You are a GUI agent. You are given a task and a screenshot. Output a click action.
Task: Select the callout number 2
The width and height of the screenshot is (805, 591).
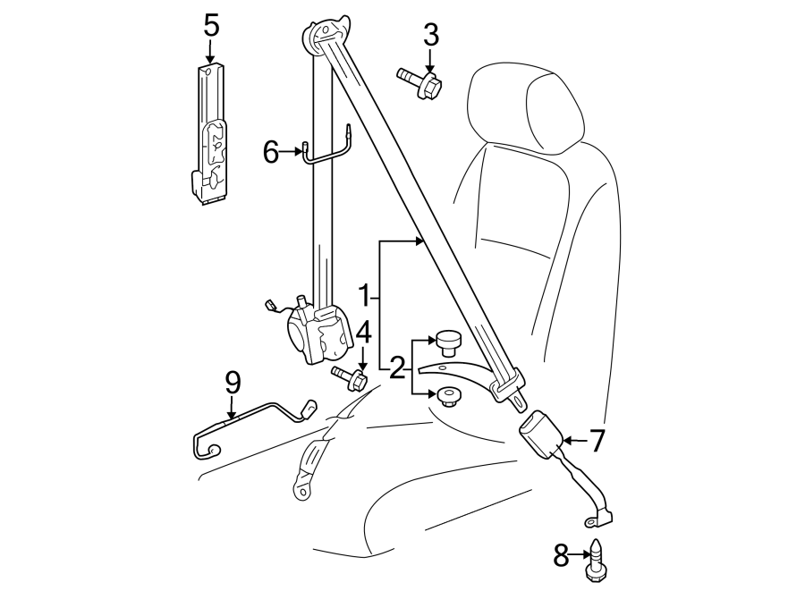(x=396, y=366)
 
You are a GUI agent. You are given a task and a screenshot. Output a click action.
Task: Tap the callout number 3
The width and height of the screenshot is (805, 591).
(x=430, y=37)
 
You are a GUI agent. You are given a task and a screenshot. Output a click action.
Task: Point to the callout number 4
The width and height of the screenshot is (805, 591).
(x=362, y=333)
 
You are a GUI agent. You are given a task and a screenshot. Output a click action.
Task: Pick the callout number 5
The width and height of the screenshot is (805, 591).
(x=211, y=25)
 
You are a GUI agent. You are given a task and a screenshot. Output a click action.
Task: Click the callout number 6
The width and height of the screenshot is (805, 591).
(x=271, y=152)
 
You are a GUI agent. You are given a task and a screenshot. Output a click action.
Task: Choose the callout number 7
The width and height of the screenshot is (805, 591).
(x=597, y=440)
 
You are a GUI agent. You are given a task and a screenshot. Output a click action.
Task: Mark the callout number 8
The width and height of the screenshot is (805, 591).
(x=561, y=556)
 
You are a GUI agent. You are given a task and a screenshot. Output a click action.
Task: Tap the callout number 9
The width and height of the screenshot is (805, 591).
(x=233, y=383)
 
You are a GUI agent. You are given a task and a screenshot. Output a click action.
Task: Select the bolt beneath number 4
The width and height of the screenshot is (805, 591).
(x=350, y=378)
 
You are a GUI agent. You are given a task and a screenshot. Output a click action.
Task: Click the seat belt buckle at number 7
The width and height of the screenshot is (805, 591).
(x=540, y=434)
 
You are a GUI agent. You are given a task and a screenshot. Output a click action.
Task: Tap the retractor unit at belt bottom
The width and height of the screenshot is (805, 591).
(x=318, y=333)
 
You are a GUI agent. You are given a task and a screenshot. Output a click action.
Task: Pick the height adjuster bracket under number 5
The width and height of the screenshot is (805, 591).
(x=210, y=134)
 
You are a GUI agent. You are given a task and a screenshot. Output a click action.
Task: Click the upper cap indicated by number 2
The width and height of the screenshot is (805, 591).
(x=448, y=341)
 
